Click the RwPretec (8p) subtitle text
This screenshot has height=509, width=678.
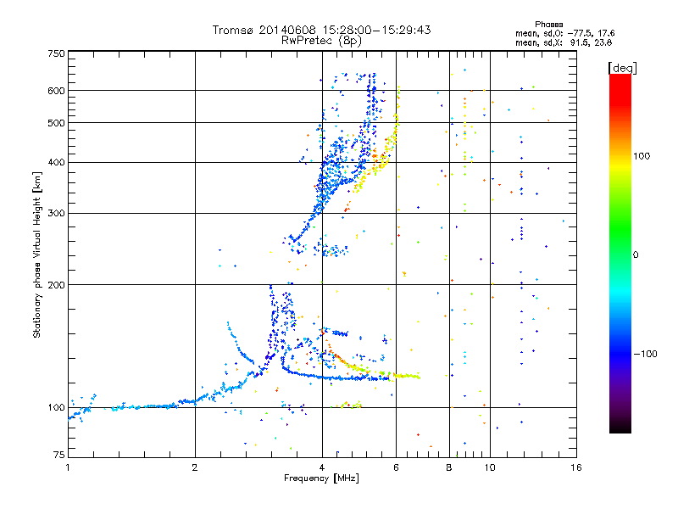pos(321,41)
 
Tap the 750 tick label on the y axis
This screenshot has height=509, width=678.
pos(56,53)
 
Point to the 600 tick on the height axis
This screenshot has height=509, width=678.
pos(56,91)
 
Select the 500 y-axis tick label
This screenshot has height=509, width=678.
pos(56,123)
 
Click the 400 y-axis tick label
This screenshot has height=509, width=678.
pos(56,162)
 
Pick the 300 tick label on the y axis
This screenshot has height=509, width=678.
pos(56,213)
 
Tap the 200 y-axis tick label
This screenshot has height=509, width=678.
pos(56,285)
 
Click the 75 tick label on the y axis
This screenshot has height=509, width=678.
pos(59,455)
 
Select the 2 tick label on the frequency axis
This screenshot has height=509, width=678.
pos(195,467)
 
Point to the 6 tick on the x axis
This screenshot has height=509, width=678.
pos(396,467)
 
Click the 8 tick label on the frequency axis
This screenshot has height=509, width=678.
pos(449,467)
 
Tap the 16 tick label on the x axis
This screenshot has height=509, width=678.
pos(576,467)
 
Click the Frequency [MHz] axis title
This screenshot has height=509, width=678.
pos(321,478)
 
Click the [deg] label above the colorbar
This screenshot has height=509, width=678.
pos(622,68)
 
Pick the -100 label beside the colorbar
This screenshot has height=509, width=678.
pos(645,354)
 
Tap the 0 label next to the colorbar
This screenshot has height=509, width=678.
pos(636,255)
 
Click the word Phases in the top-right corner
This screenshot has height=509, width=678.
pos(548,25)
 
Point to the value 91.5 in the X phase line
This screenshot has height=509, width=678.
pos(578,42)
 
